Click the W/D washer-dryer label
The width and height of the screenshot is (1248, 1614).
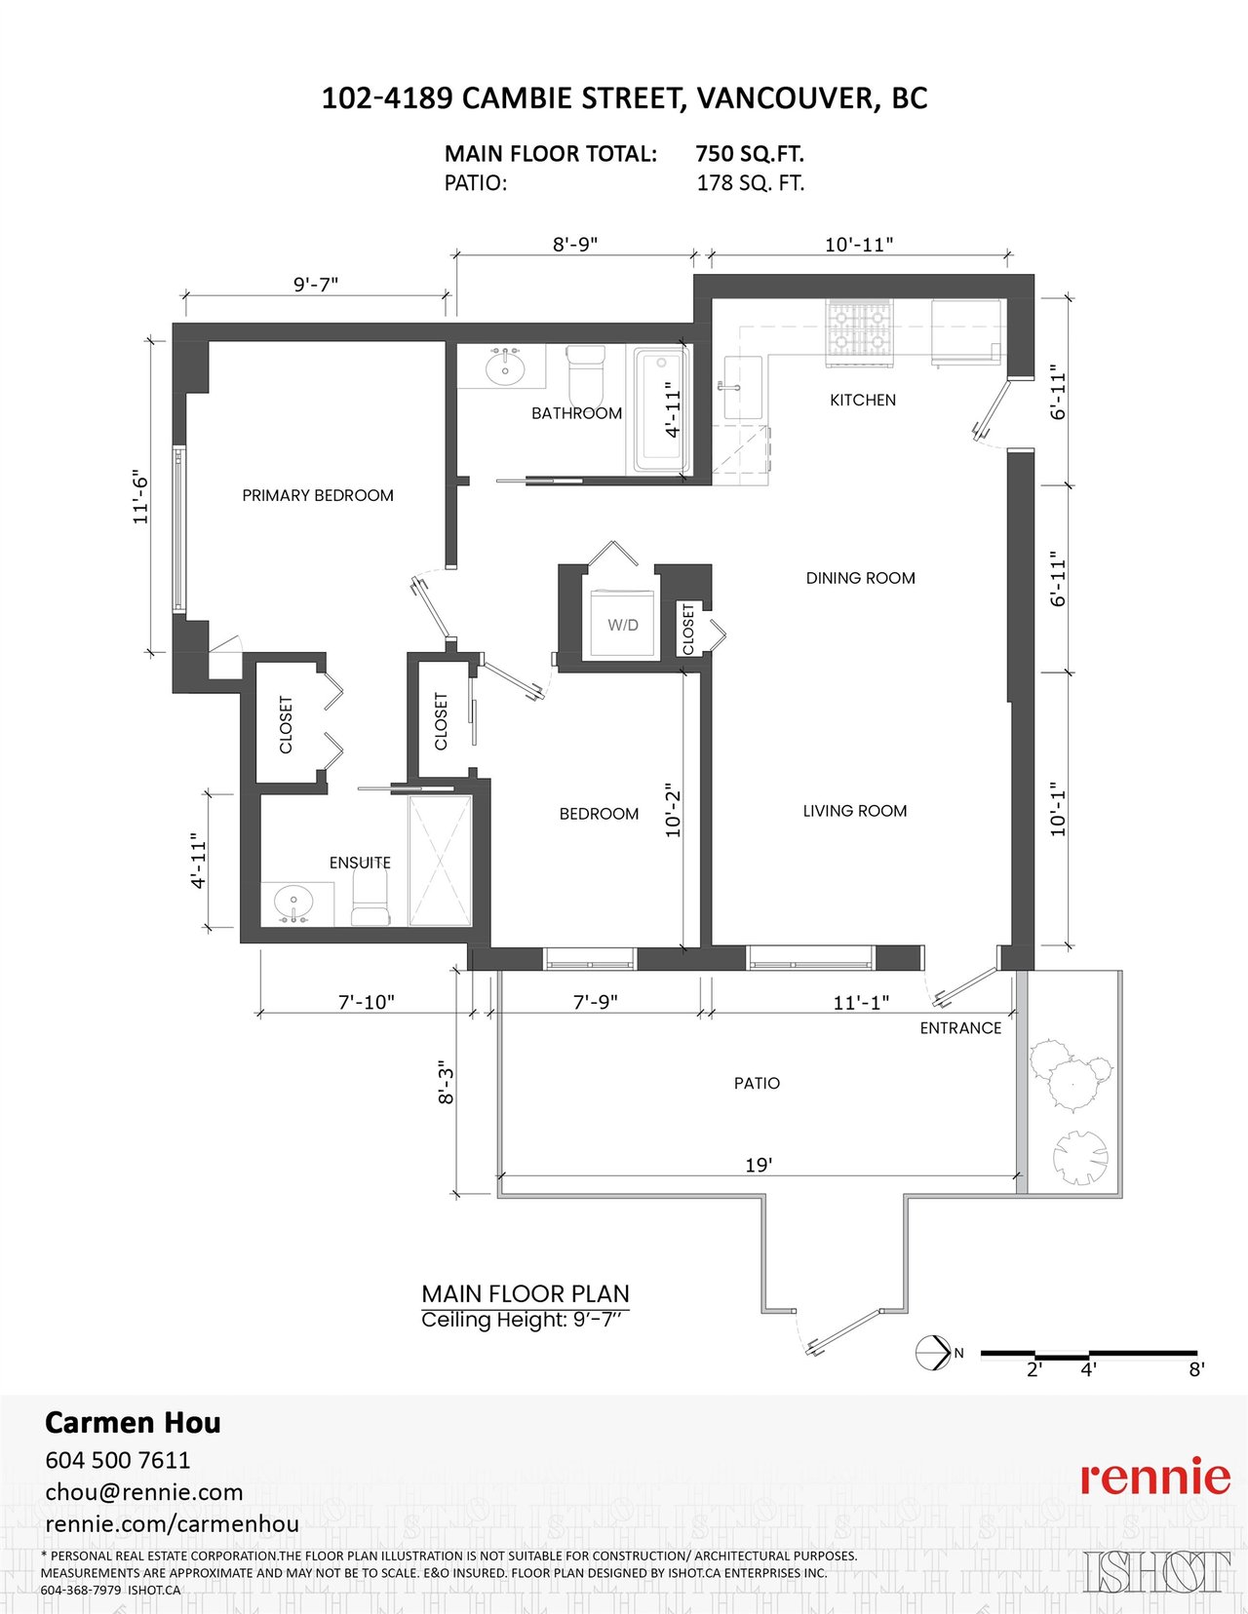622,626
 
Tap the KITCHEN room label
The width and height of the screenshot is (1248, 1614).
863,400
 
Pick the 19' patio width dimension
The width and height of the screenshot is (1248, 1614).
760,1165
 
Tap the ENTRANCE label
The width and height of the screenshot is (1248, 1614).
960,1028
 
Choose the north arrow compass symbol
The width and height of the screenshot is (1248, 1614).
934,1353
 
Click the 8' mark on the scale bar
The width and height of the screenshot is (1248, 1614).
1196,1369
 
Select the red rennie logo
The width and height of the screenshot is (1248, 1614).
1155,1479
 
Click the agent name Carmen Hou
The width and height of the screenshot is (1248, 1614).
133,1422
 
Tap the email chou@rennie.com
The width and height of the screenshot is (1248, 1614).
144,1492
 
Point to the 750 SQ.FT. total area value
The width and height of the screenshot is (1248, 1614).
750,154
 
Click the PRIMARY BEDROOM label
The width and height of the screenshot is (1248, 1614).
318,495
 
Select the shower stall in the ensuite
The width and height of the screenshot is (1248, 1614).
441,861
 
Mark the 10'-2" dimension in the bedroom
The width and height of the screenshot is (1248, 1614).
673,810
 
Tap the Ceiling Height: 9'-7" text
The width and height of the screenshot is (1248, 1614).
526,1320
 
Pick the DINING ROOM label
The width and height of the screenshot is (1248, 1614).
860,578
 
